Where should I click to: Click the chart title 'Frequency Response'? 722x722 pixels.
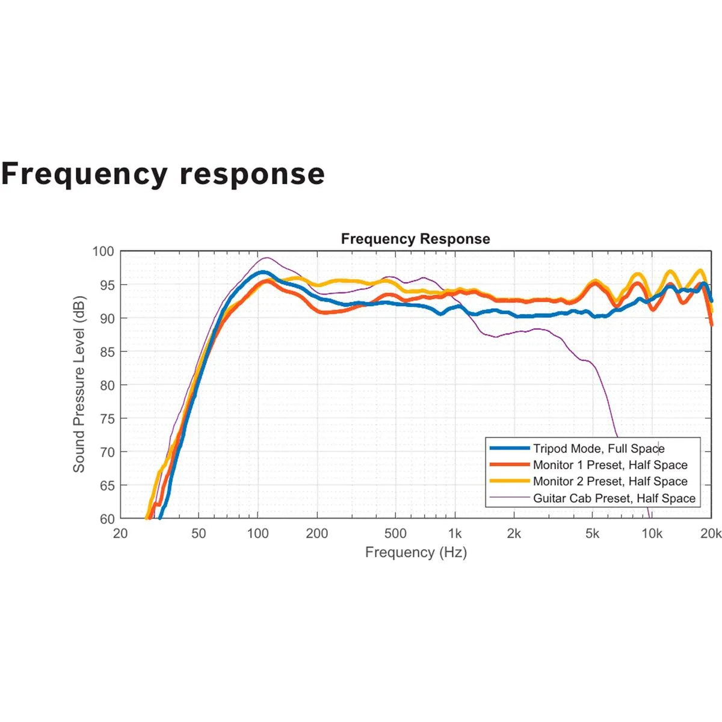tap(415, 239)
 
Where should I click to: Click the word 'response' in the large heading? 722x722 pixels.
tap(252, 174)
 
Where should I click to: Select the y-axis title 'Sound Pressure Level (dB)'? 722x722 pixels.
tap(79, 384)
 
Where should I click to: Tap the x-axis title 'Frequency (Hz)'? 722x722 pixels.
tap(416, 552)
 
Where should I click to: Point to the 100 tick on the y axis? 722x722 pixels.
tap(103, 251)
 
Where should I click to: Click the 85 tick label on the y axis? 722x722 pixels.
tap(106, 352)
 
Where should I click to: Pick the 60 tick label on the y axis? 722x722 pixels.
tap(106, 519)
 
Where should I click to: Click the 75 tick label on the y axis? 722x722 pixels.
tap(106, 419)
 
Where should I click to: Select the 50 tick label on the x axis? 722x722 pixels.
tap(199, 533)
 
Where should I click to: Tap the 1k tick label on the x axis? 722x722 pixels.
tap(455, 533)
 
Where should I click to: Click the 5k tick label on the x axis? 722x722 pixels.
tap(592, 533)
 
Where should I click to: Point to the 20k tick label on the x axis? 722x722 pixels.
tap(711, 533)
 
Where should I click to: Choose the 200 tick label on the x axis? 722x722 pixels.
tap(317, 533)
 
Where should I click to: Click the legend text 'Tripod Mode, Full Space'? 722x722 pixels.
tap(599, 448)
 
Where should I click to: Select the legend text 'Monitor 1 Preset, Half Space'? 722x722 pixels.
tap(610, 465)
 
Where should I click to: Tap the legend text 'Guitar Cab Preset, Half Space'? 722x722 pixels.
tap(614, 498)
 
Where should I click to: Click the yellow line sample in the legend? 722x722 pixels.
tap(510, 481)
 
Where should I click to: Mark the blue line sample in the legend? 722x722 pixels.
tap(510, 448)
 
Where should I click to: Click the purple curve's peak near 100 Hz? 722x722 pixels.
tap(267, 258)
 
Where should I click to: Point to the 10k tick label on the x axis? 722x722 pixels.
tap(652, 533)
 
